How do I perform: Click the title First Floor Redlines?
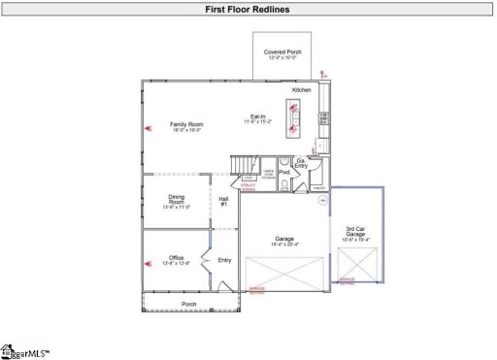[248, 10]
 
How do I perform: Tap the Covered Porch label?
[281, 52]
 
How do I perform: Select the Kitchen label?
[302, 89]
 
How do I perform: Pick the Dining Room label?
[176, 200]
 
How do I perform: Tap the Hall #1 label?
[223, 200]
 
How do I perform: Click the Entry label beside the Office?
[224, 259]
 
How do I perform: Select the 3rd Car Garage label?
[355, 233]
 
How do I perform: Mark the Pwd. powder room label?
[284, 172]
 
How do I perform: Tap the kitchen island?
[294, 116]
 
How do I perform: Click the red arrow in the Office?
[148, 260]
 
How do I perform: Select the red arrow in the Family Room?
[148, 127]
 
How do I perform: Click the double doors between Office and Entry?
[203, 260]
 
